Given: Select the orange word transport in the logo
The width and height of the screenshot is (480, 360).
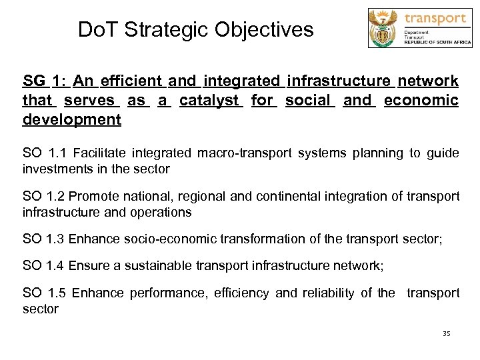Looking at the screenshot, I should tap(435, 18).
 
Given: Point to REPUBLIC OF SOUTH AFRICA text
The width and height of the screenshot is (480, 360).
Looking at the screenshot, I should tap(437, 43).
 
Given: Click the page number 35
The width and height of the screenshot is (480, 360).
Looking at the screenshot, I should tap(446, 333).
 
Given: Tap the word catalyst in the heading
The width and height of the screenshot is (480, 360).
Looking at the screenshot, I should tap(209, 101).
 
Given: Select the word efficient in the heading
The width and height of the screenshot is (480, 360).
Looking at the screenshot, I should tap(131, 81).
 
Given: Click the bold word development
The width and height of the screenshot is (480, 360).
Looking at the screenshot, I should tap(72, 120).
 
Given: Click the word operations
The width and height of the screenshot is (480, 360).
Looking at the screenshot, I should tap(160, 212).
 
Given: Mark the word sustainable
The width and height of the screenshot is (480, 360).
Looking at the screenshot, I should tap(160, 266).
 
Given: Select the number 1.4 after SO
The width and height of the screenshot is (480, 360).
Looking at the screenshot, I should tap(55, 266).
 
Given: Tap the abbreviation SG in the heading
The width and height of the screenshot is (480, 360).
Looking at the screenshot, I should tap(34, 81).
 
